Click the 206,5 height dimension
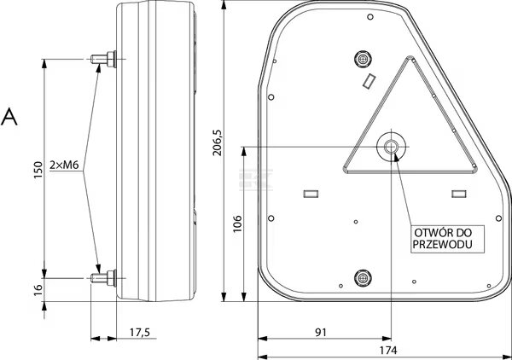[x=218, y=142]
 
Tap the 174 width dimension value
[x=388, y=351]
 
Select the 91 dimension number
[x=320, y=332]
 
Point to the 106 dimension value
[x=237, y=224]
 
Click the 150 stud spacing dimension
[x=38, y=170]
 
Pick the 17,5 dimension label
[x=139, y=332]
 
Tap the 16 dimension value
[x=38, y=290]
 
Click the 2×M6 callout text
[x=64, y=165]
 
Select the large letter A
[x=9, y=117]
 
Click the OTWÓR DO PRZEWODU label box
[x=447, y=239]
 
